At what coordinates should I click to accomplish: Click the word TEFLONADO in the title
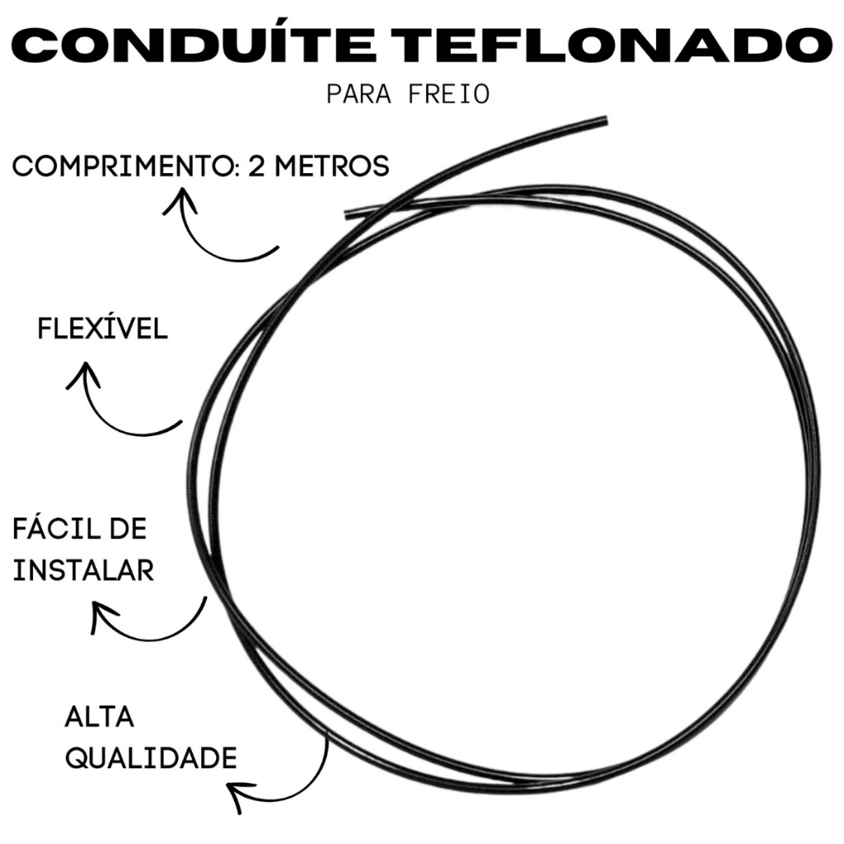tap(618, 46)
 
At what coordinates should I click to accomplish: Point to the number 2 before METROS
tap(254, 167)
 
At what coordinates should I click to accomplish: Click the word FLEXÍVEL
tap(102, 329)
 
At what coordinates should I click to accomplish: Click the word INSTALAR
tap(83, 570)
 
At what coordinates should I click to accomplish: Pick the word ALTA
tap(99, 718)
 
